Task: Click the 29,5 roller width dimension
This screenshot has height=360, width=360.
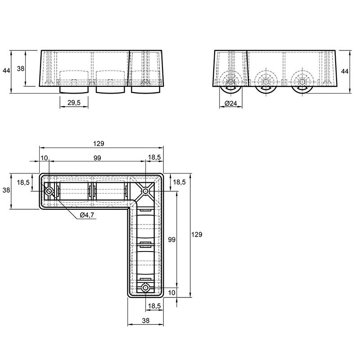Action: (74, 103)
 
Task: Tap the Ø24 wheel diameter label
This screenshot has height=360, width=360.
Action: (231, 103)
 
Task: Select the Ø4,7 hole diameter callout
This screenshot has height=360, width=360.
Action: (87, 215)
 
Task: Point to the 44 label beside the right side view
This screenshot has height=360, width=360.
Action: (345, 72)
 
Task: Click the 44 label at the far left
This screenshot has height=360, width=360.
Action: (6, 71)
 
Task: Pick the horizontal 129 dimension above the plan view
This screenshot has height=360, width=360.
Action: (99, 144)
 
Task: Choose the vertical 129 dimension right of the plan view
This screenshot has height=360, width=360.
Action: (197, 234)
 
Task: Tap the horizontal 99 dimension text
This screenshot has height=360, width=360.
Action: (97, 158)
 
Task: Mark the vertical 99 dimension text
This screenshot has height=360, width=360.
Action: (172, 239)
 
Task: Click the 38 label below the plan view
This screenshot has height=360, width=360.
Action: (146, 320)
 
